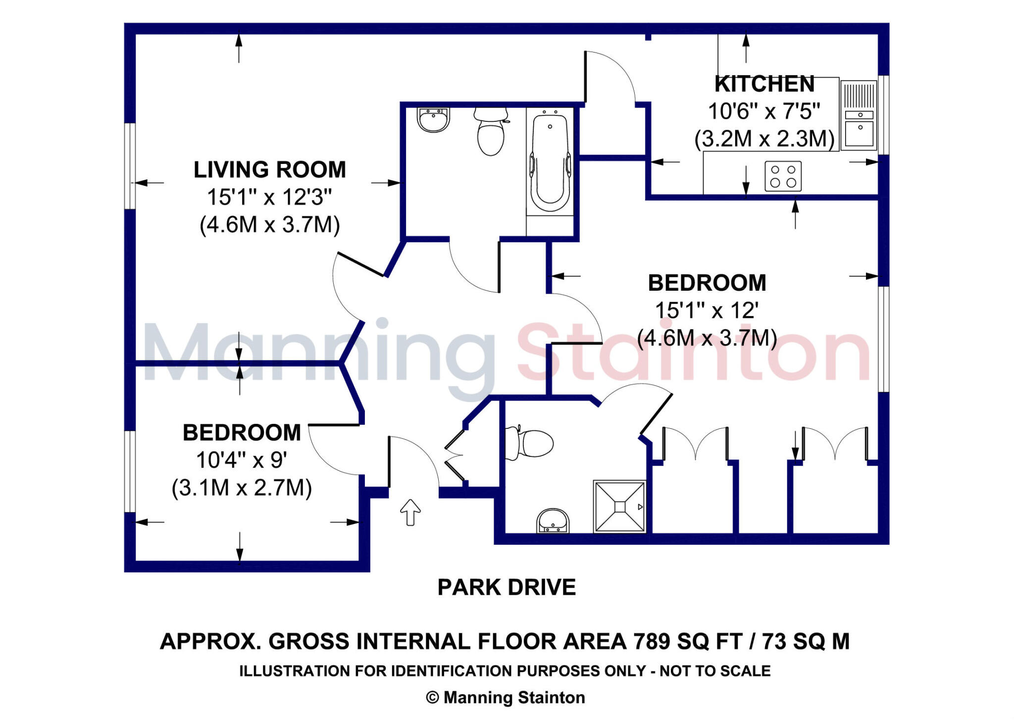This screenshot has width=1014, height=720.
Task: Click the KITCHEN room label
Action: tap(764, 84)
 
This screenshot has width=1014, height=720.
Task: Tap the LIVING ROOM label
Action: tap(270, 170)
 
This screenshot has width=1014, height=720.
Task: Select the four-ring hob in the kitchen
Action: tap(783, 176)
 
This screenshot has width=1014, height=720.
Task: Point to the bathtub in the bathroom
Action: tap(550, 161)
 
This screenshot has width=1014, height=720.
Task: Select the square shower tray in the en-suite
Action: tap(620, 507)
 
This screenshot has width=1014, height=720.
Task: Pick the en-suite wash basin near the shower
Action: tap(553, 521)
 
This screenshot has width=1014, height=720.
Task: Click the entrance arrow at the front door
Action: tap(410, 512)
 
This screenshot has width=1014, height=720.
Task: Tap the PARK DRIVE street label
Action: tap(507, 587)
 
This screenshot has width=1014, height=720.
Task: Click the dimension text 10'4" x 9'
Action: tap(242, 460)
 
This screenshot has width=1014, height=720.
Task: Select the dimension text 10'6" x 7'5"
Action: tap(764, 111)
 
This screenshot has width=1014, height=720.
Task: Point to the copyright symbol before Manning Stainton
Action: tap(432, 698)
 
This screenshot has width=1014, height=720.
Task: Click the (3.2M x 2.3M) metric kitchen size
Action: tap(764, 139)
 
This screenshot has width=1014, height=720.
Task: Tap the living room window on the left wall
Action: tap(130, 166)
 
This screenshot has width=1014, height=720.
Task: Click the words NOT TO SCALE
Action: tap(715, 671)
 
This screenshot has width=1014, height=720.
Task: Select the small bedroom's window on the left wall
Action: tap(130, 471)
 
